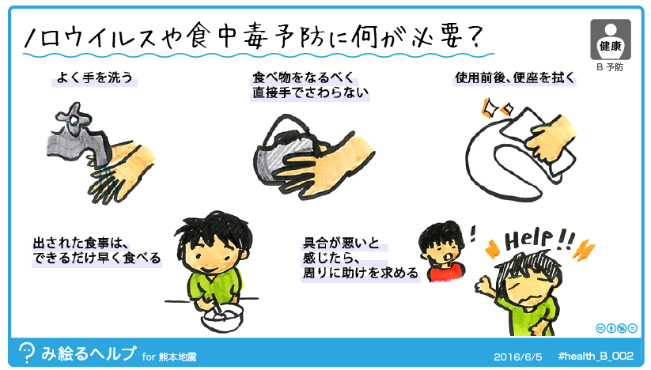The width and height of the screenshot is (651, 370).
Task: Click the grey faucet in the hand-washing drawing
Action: (79, 139)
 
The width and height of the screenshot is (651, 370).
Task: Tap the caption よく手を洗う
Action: (94, 77)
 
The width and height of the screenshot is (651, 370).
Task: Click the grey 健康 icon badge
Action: (611, 40)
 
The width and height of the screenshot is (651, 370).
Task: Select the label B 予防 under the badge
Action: (610, 67)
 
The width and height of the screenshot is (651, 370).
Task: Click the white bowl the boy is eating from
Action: (222, 317)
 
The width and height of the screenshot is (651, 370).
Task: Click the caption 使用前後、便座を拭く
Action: (515, 77)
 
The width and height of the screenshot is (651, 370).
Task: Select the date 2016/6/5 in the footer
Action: (518, 357)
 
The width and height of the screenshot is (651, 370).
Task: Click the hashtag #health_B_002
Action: (596, 356)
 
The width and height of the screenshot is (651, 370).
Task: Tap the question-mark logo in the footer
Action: (27, 353)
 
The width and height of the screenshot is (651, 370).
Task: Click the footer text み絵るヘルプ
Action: (89, 353)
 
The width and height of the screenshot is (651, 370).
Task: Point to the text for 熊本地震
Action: (169, 357)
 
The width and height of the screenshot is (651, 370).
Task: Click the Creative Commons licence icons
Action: (616, 328)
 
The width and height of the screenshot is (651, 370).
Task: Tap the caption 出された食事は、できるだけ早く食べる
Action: (97, 250)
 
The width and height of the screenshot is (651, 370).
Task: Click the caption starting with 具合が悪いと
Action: (360, 258)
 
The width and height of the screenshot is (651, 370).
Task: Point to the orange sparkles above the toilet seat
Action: (496, 107)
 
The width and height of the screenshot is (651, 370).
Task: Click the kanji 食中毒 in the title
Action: (228, 36)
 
